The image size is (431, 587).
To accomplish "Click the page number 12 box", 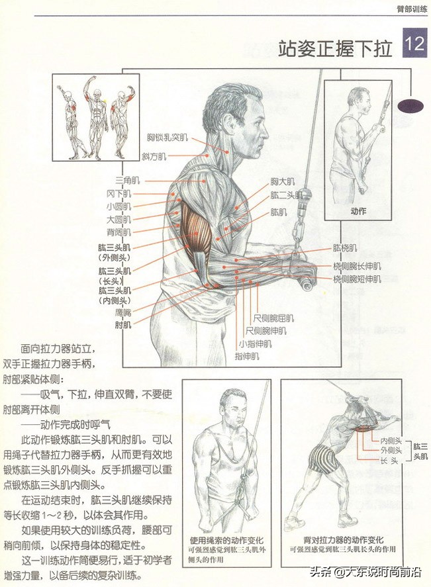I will tap(415, 44).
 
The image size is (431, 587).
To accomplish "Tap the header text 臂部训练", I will tap(412, 9).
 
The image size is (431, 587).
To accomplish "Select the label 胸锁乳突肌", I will tap(168, 138).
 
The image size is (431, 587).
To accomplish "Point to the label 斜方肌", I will tap(154, 156).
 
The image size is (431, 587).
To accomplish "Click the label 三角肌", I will tap(127, 181).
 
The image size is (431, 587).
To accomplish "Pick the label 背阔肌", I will tap(119, 232).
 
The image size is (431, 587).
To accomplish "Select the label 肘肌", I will tap(122, 325).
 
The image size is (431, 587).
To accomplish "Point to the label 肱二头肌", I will tap(286, 196).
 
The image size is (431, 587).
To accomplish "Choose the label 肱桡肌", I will tap(345, 248).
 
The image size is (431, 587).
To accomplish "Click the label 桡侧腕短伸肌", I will tap(357, 279).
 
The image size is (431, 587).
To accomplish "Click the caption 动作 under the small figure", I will tap(358, 211).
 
